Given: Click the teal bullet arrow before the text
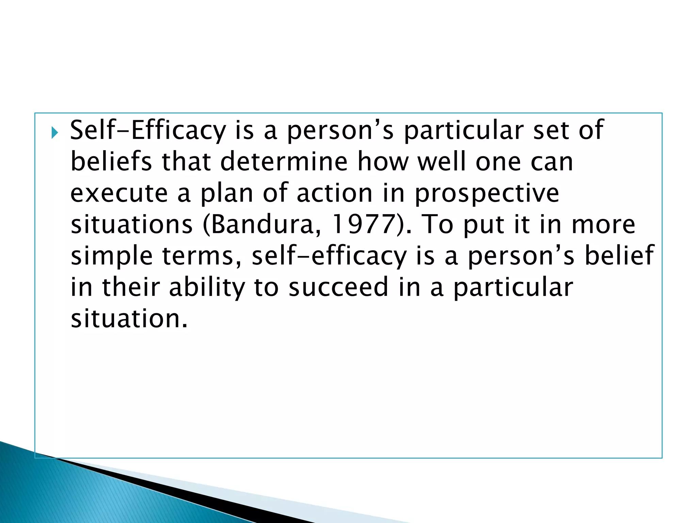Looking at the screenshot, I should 54,132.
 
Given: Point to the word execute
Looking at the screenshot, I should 119,193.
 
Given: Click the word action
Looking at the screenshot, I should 335,193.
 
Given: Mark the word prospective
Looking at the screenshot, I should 487,193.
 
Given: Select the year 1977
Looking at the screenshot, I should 362,224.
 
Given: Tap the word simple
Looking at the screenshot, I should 112,256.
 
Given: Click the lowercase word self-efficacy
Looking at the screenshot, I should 329,256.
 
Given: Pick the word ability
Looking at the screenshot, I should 207,287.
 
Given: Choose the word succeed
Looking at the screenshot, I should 338,287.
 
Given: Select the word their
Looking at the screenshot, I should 131,287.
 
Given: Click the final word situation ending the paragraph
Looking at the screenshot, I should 129,319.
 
